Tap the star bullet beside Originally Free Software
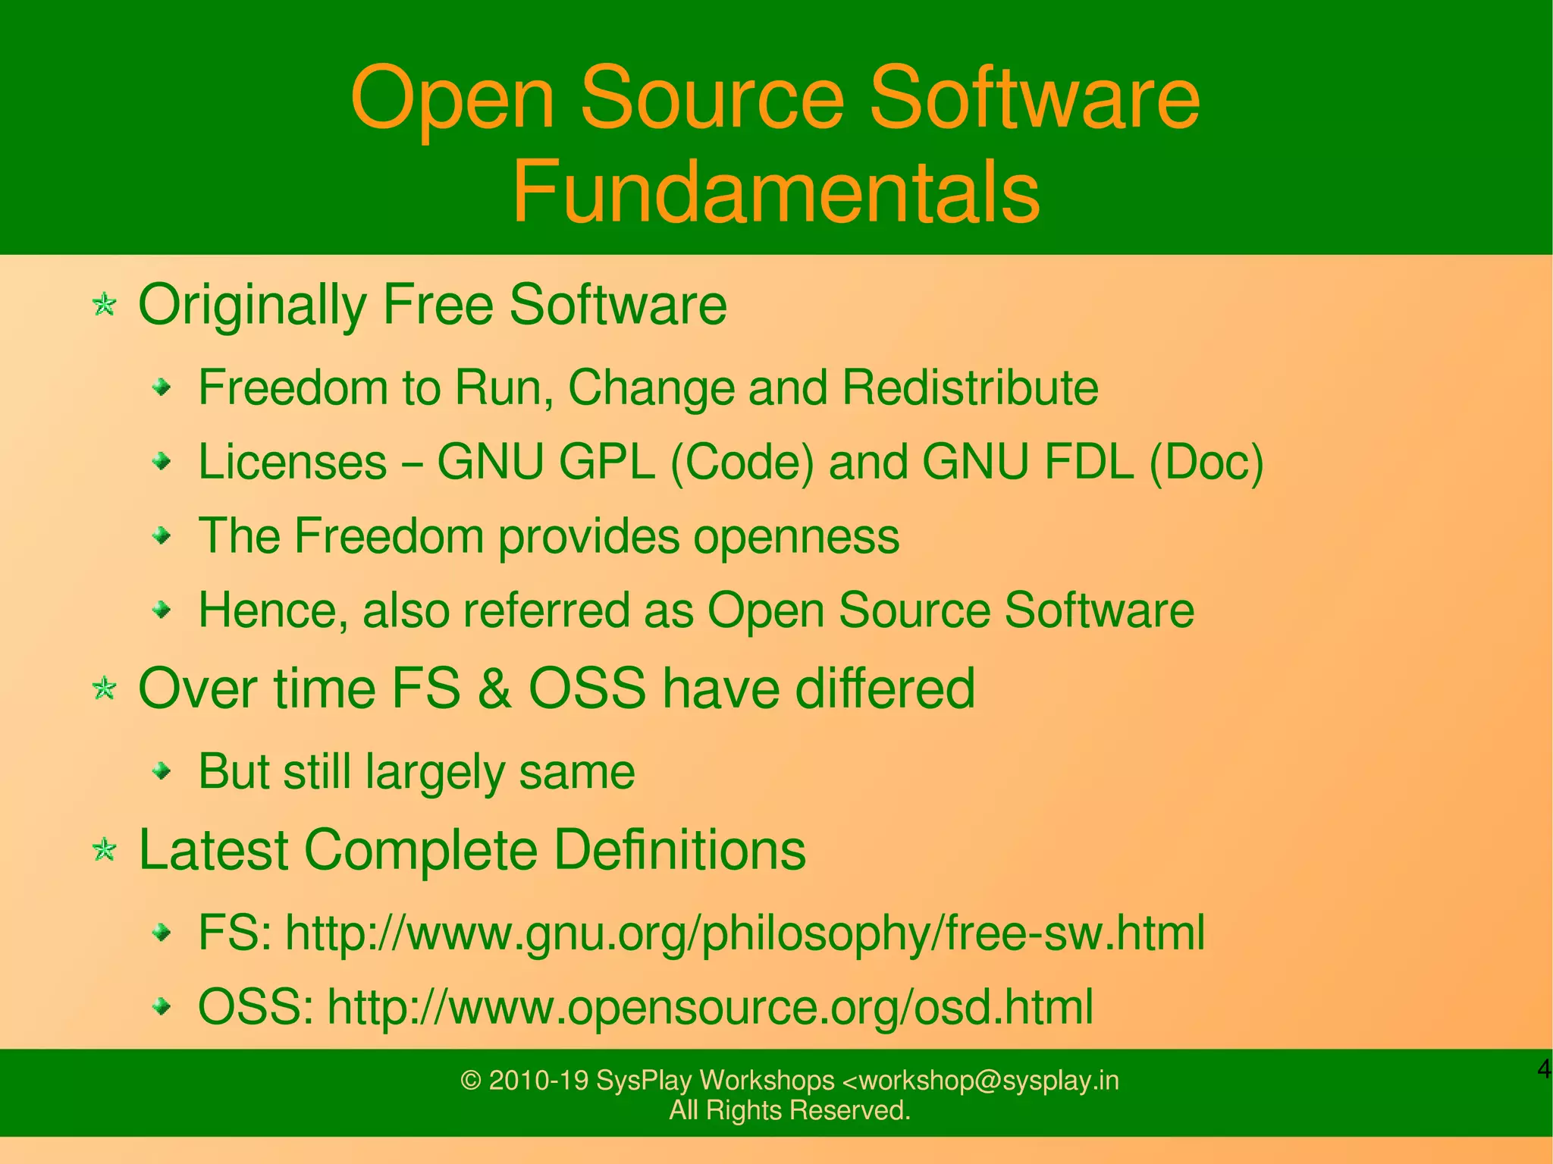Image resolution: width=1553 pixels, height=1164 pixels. [x=104, y=306]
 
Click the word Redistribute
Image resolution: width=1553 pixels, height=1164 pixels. [x=970, y=387]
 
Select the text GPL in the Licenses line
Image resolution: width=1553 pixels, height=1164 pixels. [x=606, y=462]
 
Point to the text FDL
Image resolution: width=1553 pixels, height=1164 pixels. [x=1089, y=462]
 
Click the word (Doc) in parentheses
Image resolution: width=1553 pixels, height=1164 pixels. [x=1206, y=462]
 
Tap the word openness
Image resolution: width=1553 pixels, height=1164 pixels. [x=796, y=536]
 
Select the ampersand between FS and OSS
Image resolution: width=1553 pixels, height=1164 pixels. [x=494, y=689]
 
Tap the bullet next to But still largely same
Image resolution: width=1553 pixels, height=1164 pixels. [x=162, y=772]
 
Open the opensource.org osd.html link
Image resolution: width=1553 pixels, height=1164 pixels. [x=710, y=1007]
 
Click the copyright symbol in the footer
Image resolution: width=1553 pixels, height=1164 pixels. [x=471, y=1080]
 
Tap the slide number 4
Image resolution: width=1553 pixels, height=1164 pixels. [x=1543, y=1070]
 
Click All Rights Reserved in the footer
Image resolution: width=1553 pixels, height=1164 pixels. [x=789, y=1110]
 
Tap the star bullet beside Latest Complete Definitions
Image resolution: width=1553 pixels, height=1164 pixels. [x=104, y=851]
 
